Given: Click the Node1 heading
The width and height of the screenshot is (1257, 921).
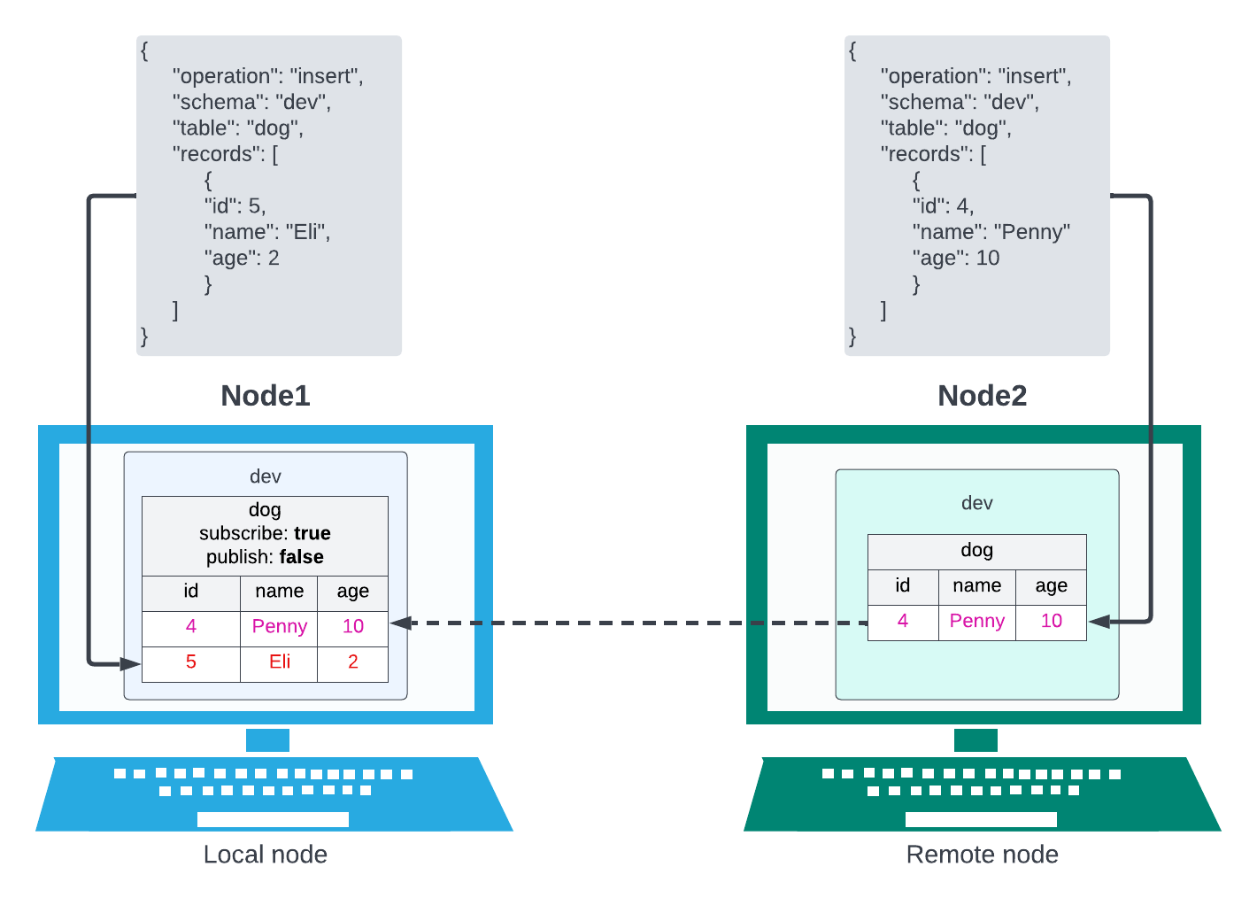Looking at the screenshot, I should [266, 395].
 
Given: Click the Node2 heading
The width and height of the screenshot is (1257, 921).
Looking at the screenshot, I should [982, 395].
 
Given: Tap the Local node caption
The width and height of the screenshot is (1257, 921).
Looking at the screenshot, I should [265, 855].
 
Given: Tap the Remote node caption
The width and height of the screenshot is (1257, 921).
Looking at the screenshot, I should [982, 855].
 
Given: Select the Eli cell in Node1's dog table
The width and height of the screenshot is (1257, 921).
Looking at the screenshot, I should [280, 662].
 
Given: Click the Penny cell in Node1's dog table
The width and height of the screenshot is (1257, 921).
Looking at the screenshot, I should [280, 626].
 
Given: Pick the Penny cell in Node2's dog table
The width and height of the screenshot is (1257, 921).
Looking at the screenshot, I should [976, 621].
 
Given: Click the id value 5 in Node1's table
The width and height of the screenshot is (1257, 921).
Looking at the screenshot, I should [190, 662].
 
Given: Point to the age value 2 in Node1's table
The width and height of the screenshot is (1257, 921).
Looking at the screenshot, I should [352, 662].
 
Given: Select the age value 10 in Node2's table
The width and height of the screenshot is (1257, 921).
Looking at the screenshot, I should [1051, 621].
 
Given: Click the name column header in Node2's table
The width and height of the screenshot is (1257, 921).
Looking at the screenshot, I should [976, 585].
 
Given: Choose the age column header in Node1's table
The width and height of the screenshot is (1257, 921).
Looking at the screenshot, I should [352, 591].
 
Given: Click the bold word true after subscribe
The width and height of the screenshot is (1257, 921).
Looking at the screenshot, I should [312, 533].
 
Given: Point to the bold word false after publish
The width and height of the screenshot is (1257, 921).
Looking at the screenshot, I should [301, 557].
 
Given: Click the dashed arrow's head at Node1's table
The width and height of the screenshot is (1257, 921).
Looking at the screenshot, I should [400, 623].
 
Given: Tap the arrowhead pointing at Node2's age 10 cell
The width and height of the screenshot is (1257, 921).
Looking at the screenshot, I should [1099, 622].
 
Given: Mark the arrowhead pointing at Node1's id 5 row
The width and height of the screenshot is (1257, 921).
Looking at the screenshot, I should [131, 663].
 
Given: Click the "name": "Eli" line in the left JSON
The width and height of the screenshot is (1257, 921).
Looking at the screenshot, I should [267, 232].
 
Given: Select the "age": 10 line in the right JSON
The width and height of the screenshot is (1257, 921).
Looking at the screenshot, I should [956, 258].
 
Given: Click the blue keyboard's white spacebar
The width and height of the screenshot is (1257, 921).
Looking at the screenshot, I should [273, 819].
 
